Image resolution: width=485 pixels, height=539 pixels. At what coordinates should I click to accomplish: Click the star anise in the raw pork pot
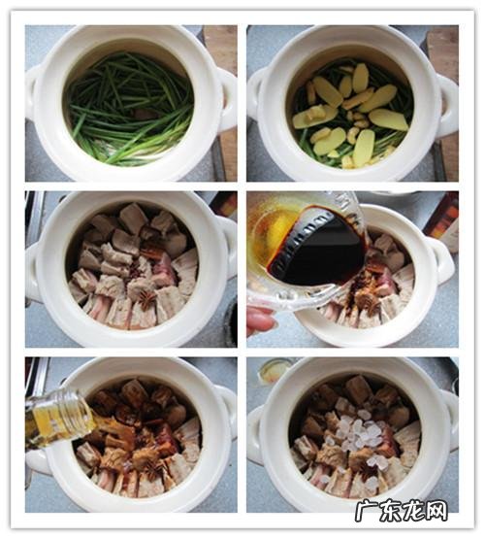(143, 300)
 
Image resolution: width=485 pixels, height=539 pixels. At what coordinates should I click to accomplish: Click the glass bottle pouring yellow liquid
(60, 416)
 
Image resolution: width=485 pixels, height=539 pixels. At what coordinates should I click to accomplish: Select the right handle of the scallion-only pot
(227, 92)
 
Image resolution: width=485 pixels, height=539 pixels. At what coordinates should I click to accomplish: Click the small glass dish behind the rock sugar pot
(276, 370)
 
